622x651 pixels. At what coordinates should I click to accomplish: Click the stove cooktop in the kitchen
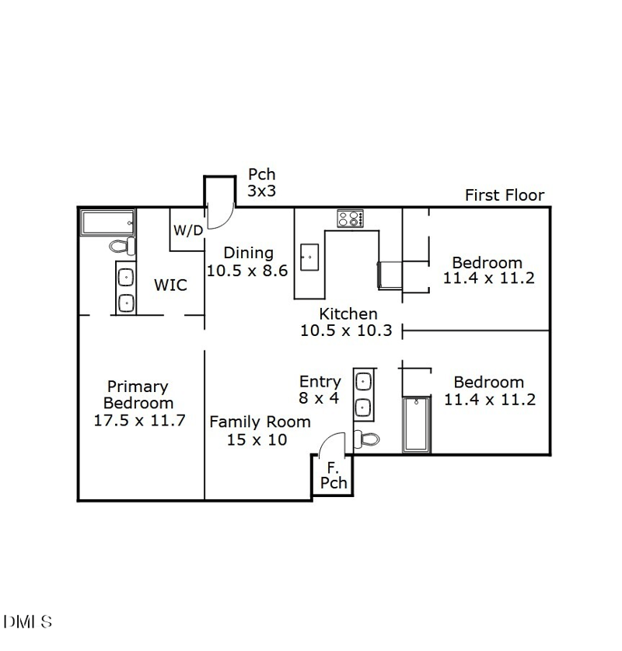click(350, 219)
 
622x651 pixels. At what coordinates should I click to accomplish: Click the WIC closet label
click(170, 285)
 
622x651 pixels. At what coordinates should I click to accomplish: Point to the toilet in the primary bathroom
click(121, 247)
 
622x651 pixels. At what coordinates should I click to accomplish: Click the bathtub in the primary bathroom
click(107, 222)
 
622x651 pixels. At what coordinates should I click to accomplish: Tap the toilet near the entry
click(367, 439)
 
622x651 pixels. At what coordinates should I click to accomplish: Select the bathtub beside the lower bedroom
click(416, 424)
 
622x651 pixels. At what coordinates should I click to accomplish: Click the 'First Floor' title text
click(505, 195)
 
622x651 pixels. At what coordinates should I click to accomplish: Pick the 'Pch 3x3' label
click(261, 183)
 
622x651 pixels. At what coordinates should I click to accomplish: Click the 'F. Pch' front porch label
click(333, 475)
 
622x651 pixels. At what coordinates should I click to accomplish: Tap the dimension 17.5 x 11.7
click(138, 421)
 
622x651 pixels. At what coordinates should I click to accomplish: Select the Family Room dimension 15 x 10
click(257, 439)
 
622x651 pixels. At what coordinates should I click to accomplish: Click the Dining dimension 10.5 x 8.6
click(247, 271)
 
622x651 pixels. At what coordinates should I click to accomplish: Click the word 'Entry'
click(320, 381)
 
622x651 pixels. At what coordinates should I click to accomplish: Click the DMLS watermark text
click(28, 621)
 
